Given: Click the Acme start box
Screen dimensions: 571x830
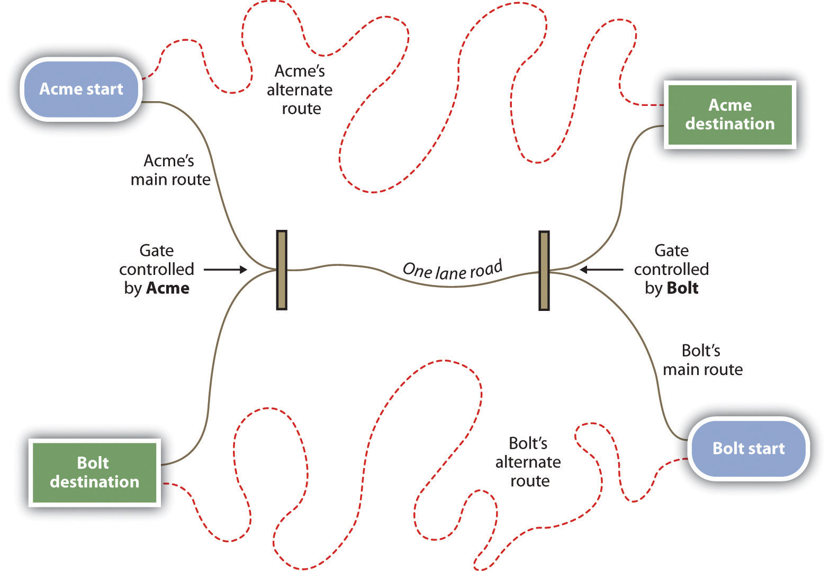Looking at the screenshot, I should coord(81,89).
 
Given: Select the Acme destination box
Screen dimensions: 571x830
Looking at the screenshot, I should coord(729,114).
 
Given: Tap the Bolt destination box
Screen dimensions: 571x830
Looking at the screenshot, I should coord(94,472).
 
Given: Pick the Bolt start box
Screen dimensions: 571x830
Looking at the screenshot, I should coord(748,449).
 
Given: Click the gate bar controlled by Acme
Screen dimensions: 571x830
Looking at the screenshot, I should coord(282,270).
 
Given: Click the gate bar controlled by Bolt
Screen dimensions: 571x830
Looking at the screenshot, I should coord(544,271).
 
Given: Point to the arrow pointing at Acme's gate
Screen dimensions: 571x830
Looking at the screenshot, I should coord(225,270).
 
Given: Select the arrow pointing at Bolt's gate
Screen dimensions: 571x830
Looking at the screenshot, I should coord(601,270).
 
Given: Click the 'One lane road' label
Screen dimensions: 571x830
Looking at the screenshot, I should coord(453,270).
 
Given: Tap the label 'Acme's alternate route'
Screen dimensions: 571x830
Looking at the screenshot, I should coord(300,90).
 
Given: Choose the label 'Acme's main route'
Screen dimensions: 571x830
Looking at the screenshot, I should coord(170,170).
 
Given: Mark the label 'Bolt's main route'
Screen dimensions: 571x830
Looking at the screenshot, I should coord(702,360).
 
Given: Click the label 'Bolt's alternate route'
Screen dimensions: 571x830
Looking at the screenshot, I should coord(528,462).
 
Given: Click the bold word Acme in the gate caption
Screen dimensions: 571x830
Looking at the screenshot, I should coord(168,288).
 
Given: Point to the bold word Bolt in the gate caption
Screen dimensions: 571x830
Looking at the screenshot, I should coord(683,288).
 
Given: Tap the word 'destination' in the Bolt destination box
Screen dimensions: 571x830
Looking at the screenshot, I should coord(94,481).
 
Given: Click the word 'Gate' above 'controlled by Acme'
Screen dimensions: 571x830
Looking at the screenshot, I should coord(156,250).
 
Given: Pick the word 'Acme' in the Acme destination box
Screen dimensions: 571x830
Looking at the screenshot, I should coord(730,105).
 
